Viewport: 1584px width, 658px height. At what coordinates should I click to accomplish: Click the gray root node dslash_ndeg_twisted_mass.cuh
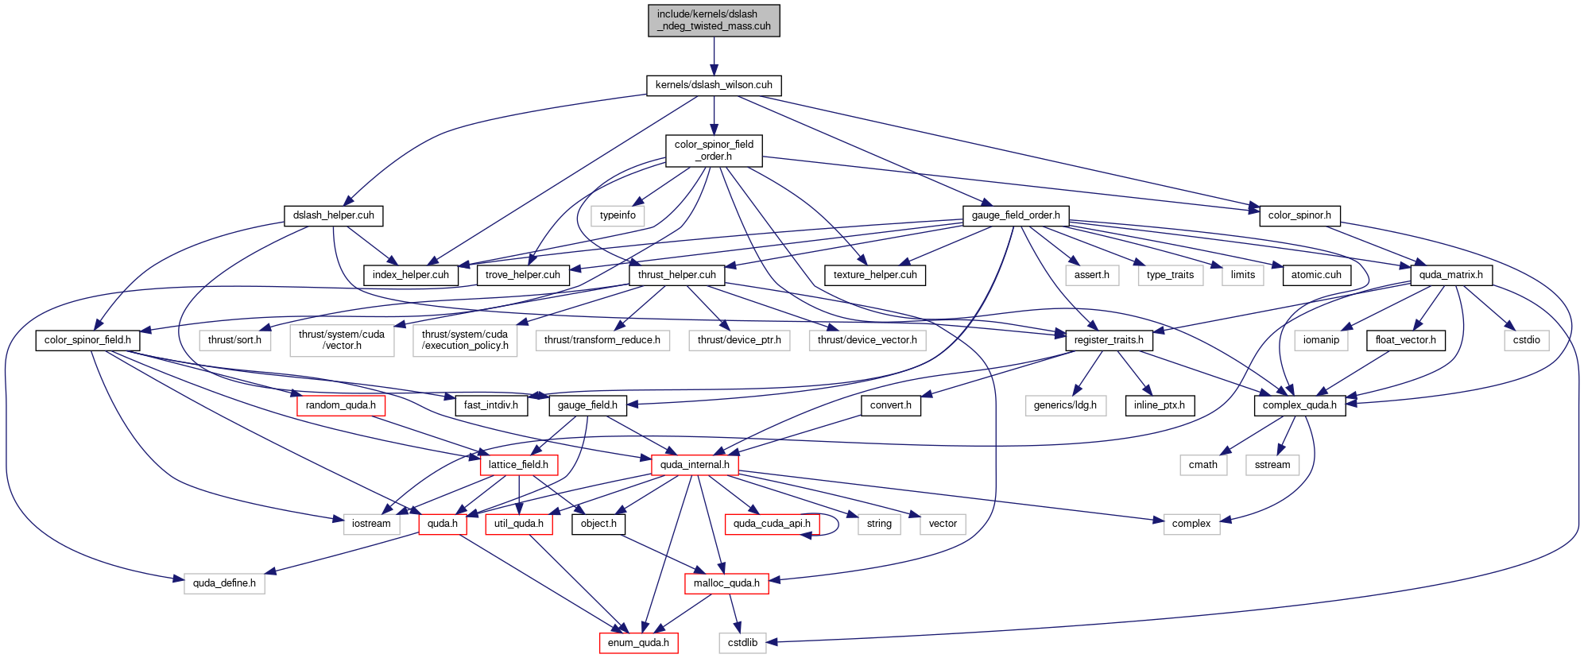click(714, 21)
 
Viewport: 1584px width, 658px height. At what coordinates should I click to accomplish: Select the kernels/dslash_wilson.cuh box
click(714, 85)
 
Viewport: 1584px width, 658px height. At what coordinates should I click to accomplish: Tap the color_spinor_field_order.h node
click(714, 150)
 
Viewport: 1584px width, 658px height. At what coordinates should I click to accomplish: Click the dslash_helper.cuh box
click(333, 215)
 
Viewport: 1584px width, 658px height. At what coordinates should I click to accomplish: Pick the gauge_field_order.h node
click(1016, 215)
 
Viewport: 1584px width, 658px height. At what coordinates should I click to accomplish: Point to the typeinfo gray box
click(618, 215)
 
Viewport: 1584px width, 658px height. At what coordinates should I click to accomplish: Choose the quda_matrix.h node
click(1450, 275)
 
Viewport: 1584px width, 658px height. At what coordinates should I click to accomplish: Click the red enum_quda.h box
click(638, 643)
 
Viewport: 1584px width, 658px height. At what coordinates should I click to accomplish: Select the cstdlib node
click(742, 643)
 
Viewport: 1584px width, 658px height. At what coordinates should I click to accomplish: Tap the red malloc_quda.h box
click(726, 583)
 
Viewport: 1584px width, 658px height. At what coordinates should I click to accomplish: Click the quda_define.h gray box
click(224, 583)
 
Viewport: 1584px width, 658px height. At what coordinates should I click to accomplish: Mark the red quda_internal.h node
click(695, 465)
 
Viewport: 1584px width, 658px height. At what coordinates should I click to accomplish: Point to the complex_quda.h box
click(1299, 405)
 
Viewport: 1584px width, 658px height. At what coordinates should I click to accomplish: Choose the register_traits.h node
click(1109, 340)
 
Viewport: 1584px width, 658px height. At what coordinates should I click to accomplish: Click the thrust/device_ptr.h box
click(739, 340)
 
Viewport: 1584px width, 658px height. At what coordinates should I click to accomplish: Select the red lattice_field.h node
click(518, 465)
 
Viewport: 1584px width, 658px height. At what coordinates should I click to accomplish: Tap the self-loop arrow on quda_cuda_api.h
click(838, 524)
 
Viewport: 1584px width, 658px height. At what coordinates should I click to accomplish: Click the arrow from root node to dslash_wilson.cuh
click(714, 56)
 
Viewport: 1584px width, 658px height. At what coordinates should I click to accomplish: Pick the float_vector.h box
click(1405, 340)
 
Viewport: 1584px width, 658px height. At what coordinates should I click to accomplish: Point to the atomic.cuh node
click(1316, 275)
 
